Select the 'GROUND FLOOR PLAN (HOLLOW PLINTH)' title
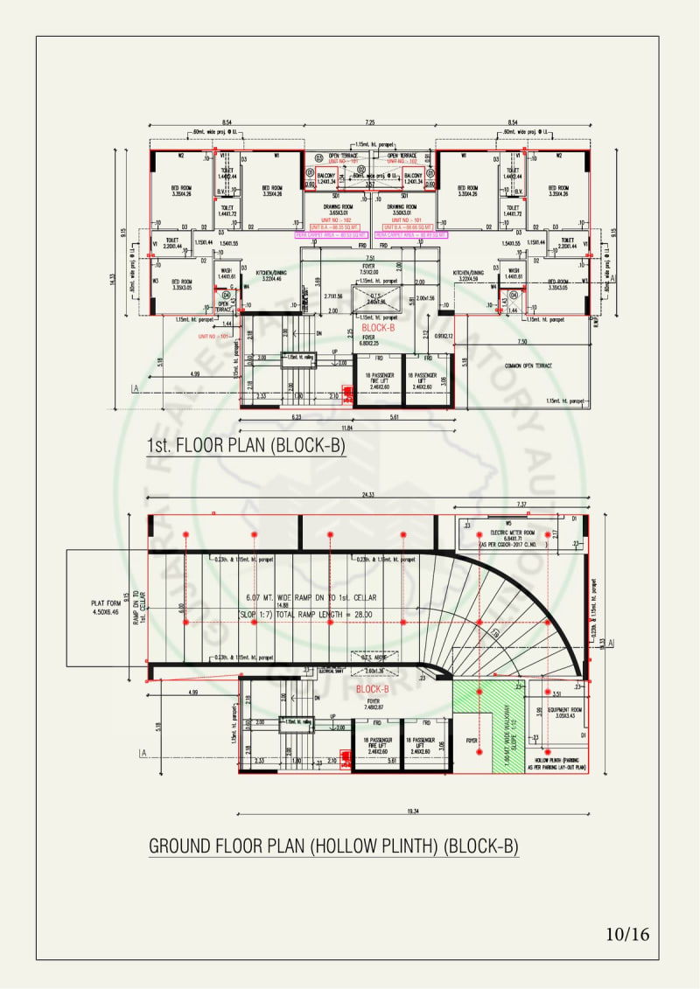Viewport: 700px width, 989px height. point(333,846)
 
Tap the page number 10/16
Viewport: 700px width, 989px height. point(627,934)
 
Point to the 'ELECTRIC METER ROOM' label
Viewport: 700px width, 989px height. point(511,533)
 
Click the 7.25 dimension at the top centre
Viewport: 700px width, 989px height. point(371,123)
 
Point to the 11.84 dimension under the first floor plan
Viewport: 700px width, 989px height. point(348,428)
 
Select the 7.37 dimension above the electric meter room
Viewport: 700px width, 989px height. point(522,505)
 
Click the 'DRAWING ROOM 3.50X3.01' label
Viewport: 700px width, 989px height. point(404,209)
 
